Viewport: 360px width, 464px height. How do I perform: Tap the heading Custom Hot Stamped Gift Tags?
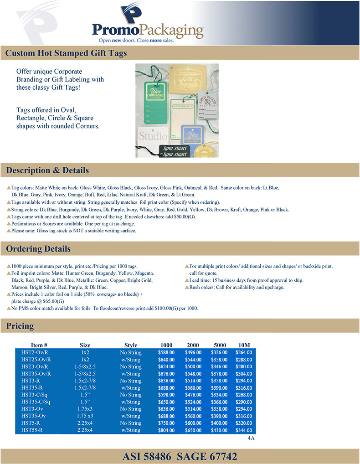(66, 54)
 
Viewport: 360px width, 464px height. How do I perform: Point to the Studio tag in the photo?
(153, 135)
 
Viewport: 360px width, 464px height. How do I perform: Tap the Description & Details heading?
(47, 170)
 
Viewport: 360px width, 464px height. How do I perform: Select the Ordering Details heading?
(38, 249)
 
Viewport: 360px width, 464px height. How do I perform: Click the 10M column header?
(245, 345)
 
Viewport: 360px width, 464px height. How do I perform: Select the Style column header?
(131, 345)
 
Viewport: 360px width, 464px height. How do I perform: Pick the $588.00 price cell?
(166, 352)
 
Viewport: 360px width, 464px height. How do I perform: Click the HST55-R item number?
(32, 430)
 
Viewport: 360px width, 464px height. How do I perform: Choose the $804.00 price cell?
(166, 430)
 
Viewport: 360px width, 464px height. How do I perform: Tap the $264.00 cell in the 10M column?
(244, 352)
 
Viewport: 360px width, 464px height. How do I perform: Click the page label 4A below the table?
(251, 438)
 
